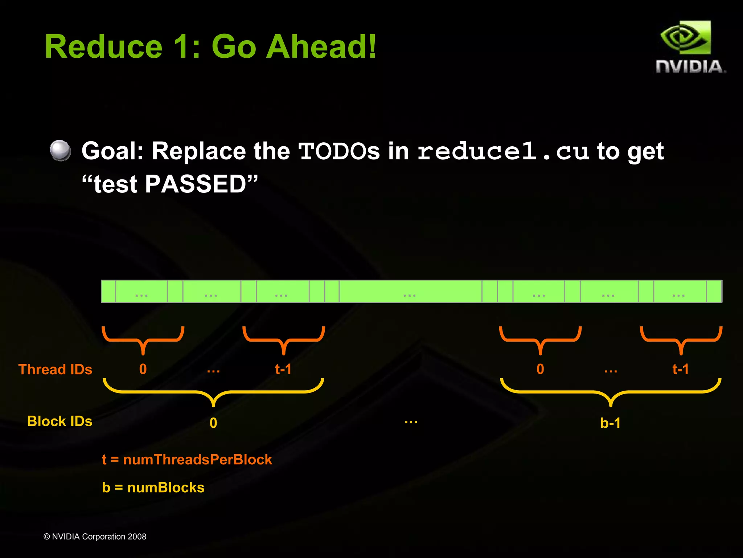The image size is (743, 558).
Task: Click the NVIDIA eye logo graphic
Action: point(685,38)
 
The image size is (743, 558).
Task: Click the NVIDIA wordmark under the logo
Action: point(690,67)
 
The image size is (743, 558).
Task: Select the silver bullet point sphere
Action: point(60,150)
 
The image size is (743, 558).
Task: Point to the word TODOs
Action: point(339,151)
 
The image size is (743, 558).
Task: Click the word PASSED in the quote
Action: point(196,184)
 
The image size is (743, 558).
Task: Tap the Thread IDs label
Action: point(56,369)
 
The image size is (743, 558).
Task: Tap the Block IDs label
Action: point(60,421)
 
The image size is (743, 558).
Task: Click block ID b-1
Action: point(610,423)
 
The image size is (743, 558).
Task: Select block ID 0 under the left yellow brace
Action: point(213,423)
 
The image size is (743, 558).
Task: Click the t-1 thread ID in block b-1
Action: point(680,369)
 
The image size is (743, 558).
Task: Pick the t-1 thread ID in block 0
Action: point(283,369)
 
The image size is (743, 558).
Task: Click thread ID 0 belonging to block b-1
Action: point(540,369)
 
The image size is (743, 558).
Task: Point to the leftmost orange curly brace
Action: point(143,340)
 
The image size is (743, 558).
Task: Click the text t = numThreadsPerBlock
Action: point(187,460)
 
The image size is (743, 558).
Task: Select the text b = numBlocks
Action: point(153,488)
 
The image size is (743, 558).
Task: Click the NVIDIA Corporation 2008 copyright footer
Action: point(95,537)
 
